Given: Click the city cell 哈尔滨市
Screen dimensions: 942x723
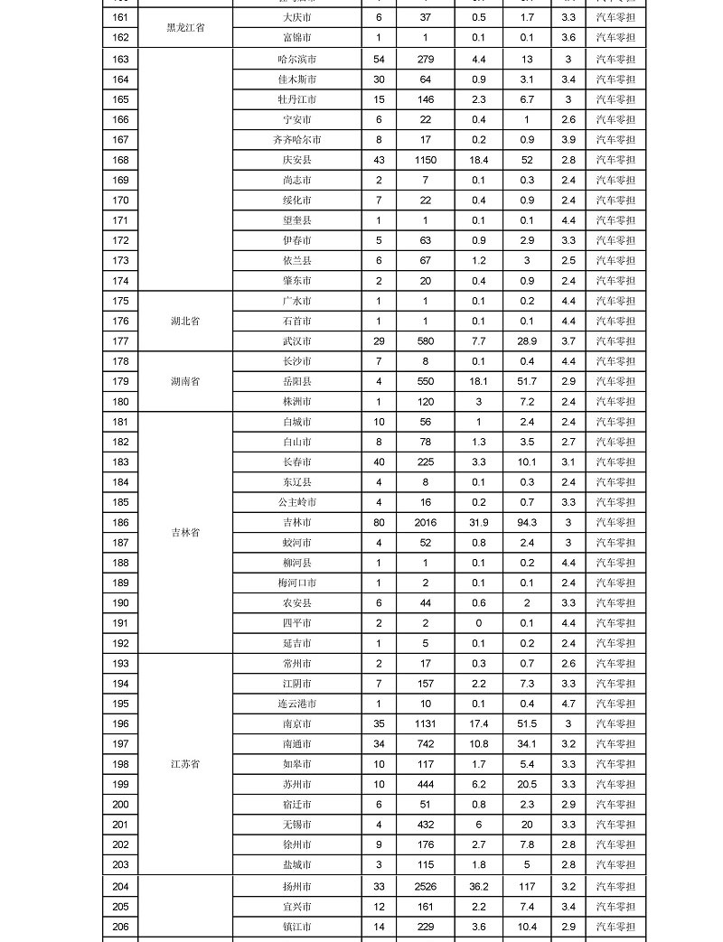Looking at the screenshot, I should click(296, 59).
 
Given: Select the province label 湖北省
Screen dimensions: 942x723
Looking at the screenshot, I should click(185, 321).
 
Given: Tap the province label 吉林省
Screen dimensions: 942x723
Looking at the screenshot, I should click(185, 533).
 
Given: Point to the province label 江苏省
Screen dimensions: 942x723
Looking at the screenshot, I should click(185, 764).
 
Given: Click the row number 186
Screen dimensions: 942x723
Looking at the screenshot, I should click(120, 522).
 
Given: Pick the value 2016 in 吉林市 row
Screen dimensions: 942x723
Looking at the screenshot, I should click(425, 522).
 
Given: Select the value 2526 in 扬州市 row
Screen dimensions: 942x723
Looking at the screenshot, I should click(425, 886).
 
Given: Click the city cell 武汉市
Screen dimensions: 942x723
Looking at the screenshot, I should click(296, 341).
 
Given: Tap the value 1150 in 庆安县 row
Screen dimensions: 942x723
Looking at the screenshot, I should click(425, 160).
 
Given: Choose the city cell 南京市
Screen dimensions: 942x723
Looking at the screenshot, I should click(296, 723).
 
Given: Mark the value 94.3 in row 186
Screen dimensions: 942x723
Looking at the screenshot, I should click(526, 522).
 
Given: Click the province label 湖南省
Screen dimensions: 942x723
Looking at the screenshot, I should click(185, 381).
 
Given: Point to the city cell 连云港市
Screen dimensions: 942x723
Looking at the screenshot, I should click(296, 704).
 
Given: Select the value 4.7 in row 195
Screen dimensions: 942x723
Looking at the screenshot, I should click(568, 704).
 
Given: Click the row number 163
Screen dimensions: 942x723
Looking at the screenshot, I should click(120, 59).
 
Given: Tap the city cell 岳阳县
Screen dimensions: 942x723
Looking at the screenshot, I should click(296, 381).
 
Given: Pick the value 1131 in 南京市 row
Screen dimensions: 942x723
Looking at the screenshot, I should click(425, 723).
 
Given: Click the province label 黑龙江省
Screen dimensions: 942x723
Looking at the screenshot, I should click(185, 27).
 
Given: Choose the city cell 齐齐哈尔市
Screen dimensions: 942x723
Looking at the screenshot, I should click(296, 140).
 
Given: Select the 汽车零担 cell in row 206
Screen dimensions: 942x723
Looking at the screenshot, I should click(615, 927).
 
